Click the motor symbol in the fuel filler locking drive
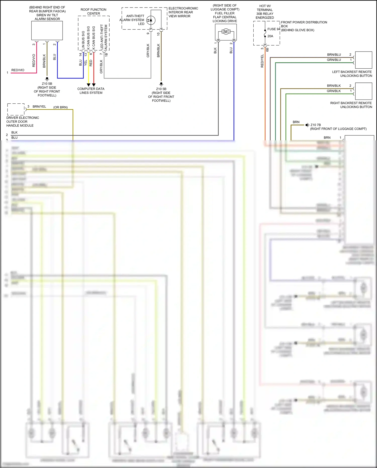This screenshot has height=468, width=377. click(x=226, y=32)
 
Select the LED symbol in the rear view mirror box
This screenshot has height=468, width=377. click(x=151, y=20)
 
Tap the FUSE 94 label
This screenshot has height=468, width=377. click(x=274, y=29)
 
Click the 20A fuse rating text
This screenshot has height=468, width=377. click(x=270, y=36)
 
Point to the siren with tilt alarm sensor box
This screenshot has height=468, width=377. click(x=47, y=30)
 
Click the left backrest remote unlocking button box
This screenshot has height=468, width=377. click(x=363, y=60)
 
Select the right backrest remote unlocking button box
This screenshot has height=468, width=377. click(x=363, y=91)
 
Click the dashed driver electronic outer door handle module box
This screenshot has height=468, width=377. click(x=16, y=109)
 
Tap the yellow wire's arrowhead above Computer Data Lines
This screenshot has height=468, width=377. click(x=88, y=85)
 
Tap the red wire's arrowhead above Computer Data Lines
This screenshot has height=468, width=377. click(x=94, y=85)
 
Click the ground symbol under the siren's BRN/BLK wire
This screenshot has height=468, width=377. click(x=47, y=79)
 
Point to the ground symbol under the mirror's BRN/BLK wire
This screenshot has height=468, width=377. click(x=161, y=84)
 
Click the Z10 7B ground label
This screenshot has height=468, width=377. click(x=315, y=125)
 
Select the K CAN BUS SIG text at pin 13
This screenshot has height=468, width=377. click(x=88, y=38)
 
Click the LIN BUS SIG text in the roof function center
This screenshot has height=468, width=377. click(x=83, y=40)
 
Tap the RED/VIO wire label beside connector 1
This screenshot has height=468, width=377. click(x=18, y=70)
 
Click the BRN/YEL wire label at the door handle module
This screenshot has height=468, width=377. click(x=39, y=107)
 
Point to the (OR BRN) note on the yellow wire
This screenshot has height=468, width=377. click(x=60, y=107)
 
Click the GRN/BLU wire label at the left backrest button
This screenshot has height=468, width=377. click(x=334, y=60)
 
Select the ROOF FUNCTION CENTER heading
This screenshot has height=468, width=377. click(x=93, y=12)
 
